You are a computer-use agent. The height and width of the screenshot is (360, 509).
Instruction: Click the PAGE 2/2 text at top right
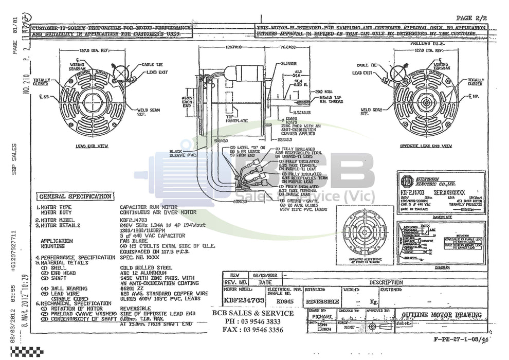(x=471, y=18)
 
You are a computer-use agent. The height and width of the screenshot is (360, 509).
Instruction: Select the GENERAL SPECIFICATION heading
(x=75, y=196)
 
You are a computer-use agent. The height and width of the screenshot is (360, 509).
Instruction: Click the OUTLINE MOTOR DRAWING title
(x=442, y=315)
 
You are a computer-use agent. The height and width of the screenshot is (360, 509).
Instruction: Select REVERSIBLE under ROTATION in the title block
(x=322, y=301)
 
